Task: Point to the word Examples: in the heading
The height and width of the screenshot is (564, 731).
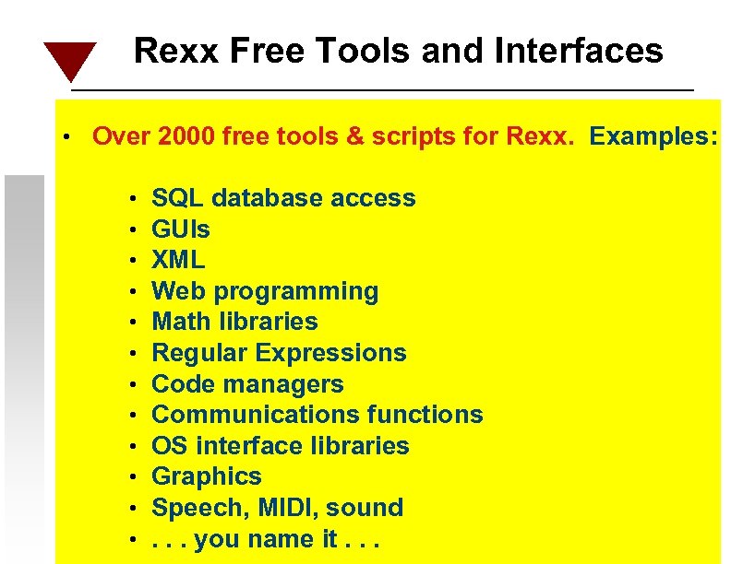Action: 653,137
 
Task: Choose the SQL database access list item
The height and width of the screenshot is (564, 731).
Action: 283,198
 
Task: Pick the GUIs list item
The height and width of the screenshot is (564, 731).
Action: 181,229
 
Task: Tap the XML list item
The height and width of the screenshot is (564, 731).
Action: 178,260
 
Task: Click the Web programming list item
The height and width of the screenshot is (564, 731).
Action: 265,291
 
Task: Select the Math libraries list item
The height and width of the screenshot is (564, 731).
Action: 234,322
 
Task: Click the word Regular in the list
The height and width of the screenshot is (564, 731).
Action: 199,353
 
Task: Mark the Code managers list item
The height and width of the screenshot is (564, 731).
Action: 247,384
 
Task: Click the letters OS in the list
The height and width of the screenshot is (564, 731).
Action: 167,446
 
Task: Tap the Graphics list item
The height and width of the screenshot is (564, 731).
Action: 207,476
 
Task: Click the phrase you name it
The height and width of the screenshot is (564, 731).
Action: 266,539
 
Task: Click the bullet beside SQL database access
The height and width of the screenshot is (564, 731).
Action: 134,199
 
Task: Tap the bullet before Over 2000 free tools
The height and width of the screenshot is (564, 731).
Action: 67,138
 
